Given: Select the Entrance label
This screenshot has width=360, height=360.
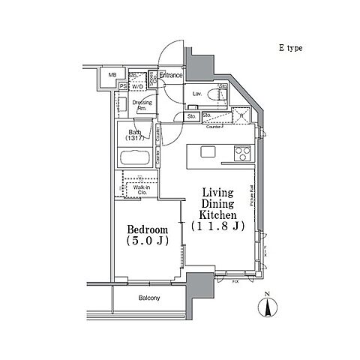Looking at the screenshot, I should pyautogui.click(x=171, y=75).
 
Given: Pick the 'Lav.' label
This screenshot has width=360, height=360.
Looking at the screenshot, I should pyautogui.click(x=196, y=94).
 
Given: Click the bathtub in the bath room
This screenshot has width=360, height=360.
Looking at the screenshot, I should pyautogui.click(x=136, y=160).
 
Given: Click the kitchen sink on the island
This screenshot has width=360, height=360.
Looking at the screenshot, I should pyautogui.click(x=208, y=152).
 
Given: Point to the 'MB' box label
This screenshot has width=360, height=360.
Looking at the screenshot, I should pyautogui.click(x=112, y=76).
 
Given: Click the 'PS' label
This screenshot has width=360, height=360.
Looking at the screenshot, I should pyautogui.click(x=122, y=86).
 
